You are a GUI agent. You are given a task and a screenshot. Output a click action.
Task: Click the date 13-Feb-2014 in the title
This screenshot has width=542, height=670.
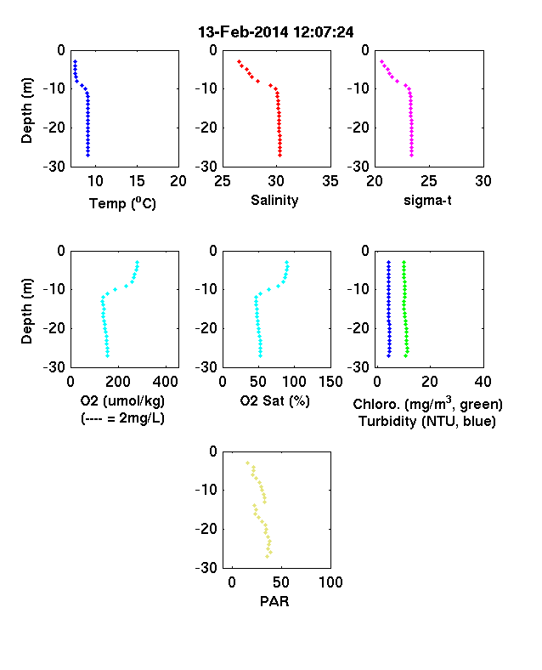tap(243, 32)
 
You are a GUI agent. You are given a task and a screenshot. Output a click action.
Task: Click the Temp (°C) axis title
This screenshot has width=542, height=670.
tap(122, 203)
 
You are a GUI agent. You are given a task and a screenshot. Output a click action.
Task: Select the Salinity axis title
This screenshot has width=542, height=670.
tap(274, 200)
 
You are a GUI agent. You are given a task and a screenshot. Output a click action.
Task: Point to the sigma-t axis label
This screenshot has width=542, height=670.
tap(427, 200)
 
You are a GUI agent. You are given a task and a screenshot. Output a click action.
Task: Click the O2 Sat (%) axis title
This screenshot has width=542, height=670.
tap(274, 400)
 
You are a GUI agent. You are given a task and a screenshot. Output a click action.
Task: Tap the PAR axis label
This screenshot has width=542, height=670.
tap(274, 601)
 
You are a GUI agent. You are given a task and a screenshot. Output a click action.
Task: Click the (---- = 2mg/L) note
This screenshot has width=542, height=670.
tap(122, 417)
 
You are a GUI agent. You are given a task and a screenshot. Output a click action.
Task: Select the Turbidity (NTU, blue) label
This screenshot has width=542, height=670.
tap(427, 422)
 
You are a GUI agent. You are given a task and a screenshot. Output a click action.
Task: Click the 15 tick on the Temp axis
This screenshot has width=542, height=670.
tap(137, 181)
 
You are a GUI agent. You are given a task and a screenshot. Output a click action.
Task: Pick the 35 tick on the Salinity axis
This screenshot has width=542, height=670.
tap(330, 181)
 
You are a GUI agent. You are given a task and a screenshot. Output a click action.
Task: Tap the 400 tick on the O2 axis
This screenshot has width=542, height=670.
tap(166, 382)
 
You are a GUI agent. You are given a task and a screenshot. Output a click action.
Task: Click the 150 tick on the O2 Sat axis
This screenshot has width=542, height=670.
tap(330, 382)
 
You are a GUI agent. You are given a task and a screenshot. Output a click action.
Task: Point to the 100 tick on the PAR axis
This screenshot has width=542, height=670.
tap(330, 582)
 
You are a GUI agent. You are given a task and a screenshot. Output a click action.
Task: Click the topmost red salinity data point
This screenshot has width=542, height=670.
tap(239, 61)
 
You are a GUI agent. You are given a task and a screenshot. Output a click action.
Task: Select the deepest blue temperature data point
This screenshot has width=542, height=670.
tap(88, 155)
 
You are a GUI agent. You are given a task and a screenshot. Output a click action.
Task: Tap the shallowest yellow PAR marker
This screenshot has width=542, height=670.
tap(247, 463)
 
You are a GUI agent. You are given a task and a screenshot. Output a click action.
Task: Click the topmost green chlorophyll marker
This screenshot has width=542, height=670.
tap(404, 262)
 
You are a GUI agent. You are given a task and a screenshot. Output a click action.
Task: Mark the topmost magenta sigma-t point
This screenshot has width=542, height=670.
tap(381, 61)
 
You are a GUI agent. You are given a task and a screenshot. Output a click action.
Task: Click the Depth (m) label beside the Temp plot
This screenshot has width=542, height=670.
tap(26, 111)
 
